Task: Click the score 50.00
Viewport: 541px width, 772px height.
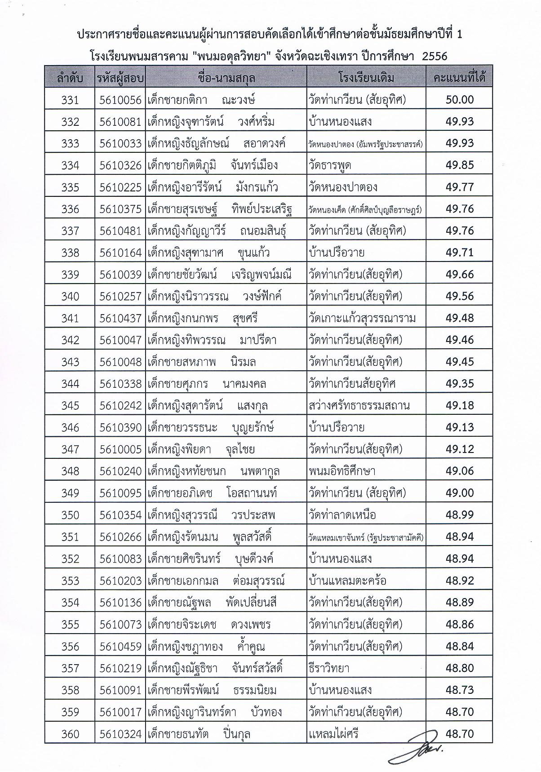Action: (x=460, y=100)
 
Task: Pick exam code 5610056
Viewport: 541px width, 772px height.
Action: (x=120, y=100)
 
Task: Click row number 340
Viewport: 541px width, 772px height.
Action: (x=70, y=297)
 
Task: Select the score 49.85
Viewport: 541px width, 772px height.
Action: (x=460, y=165)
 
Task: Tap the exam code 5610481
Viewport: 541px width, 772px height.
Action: (x=120, y=231)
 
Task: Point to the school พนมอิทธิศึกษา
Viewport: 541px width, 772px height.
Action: (x=342, y=471)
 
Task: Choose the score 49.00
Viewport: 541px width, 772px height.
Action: (x=460, y=493)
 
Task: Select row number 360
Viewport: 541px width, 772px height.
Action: (x=70, y=734)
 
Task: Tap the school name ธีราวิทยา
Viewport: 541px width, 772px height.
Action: (x=329, y=669)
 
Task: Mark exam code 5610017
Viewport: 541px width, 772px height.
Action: (x=120, y=712)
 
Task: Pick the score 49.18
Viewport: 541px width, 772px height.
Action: (x=460, y=405)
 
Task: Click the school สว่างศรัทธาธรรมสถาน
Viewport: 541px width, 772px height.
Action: (x=359, y=406)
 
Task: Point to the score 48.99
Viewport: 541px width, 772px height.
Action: (x=460, y=515)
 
